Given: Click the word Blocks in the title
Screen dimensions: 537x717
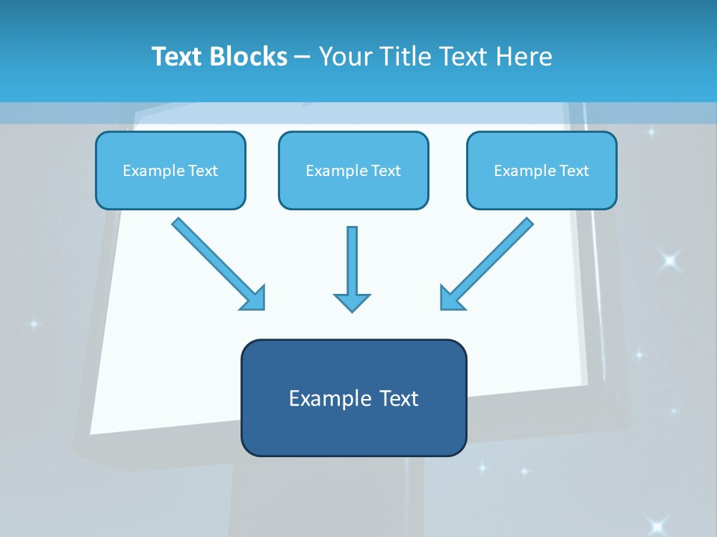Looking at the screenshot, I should pyautogui.click(x=249, y=57).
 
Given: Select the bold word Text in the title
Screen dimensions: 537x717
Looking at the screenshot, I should pyautogui.click(x=179, y=57).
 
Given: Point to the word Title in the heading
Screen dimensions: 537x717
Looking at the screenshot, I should pyautogui.click(x=404, y=57).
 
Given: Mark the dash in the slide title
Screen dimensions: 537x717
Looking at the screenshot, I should pyautogui.click(x=302, y=57).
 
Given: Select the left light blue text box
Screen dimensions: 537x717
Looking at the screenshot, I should pyautogui.click(x=170, y=170).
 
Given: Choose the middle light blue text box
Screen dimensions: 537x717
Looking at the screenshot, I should pyautogui.click(x=353, y=170).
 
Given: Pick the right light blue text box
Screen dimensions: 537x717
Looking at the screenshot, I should pyautogui.click(x=541, y=170).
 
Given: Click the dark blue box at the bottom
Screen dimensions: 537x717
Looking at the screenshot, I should pyautogui.click(x=353, y=398).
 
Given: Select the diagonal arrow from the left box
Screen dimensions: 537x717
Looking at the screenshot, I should pyautogui.click(x=218, y=263).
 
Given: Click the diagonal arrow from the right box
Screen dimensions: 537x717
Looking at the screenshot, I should pyautogui.click(x=486, y=263).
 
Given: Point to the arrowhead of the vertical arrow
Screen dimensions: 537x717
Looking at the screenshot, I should pyautogui.click(x=352, y=302).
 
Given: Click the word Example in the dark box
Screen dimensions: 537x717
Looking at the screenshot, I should pyautogui.click(x=325, y=398).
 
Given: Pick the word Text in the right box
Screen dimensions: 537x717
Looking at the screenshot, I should pyautogui.click(x=574, y=171).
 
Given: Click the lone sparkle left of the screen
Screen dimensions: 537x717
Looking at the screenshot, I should pyautogui.click(x=33, y=324).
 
